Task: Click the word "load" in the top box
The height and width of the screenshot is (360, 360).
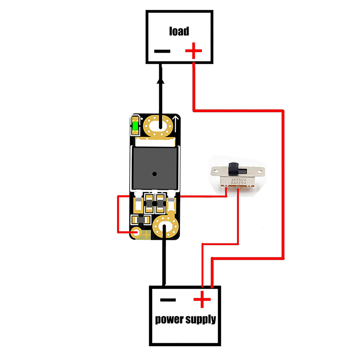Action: pos(179,31)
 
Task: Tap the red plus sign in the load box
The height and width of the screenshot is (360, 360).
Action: pos(194,50)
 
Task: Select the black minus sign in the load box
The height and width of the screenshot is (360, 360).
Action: pos(162,51)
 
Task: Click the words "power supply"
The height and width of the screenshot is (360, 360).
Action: pos(185,320)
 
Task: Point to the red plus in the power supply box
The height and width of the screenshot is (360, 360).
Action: pos(202,299)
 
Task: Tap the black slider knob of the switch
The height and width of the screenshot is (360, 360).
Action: pos(234,168)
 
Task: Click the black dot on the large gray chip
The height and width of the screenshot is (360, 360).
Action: pos(154,173)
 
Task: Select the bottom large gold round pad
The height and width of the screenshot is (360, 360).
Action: pos(165,227)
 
